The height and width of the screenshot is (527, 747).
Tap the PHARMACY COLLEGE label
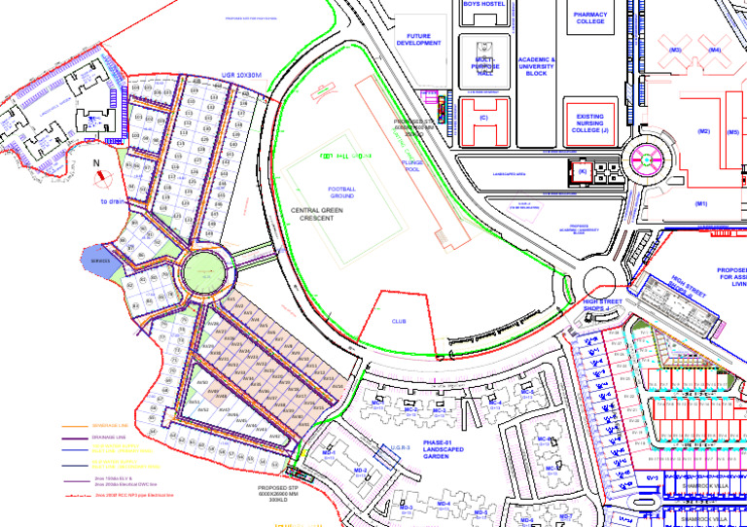590,18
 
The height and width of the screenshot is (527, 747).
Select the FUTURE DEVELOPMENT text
419,40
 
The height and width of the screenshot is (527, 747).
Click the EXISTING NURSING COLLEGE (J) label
590,123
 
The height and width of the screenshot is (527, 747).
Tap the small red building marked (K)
582,173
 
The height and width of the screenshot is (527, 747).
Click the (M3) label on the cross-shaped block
675,50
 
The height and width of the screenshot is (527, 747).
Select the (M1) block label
700,204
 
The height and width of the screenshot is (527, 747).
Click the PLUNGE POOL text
411,166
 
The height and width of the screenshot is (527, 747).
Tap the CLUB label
399,320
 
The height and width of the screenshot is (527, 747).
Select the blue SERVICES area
100,262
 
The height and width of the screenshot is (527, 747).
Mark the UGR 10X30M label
242,75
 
